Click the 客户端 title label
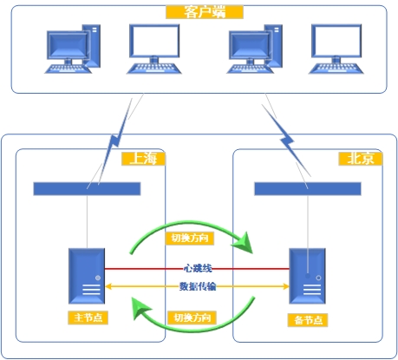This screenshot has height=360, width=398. (205, 12)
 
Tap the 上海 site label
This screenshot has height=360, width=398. (143, 159)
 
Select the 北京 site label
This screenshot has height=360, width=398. (361, 159)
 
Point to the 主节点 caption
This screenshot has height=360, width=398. (88, 317)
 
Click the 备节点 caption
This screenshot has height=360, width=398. (308, 320)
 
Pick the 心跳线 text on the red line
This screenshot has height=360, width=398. (198, 268)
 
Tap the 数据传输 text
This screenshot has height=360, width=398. (198, 286)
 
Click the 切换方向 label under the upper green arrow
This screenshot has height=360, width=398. (190, 239)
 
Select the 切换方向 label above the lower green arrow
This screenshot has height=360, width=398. (192, 317)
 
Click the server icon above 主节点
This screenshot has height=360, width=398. (87, 276)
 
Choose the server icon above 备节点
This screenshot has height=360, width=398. (307, 276)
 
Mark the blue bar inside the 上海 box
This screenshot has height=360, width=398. (87, 189)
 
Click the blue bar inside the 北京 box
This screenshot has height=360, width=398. (308, 189)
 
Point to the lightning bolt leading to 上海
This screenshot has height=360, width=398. (115, 141)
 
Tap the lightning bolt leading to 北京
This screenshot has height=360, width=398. (286, 141)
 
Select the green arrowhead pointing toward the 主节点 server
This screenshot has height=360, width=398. (140, 308)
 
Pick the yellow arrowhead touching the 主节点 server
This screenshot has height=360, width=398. (108, 286)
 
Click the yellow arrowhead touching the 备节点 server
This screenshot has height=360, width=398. (286, 286)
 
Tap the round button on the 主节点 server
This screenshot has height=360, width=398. (98, 278)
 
